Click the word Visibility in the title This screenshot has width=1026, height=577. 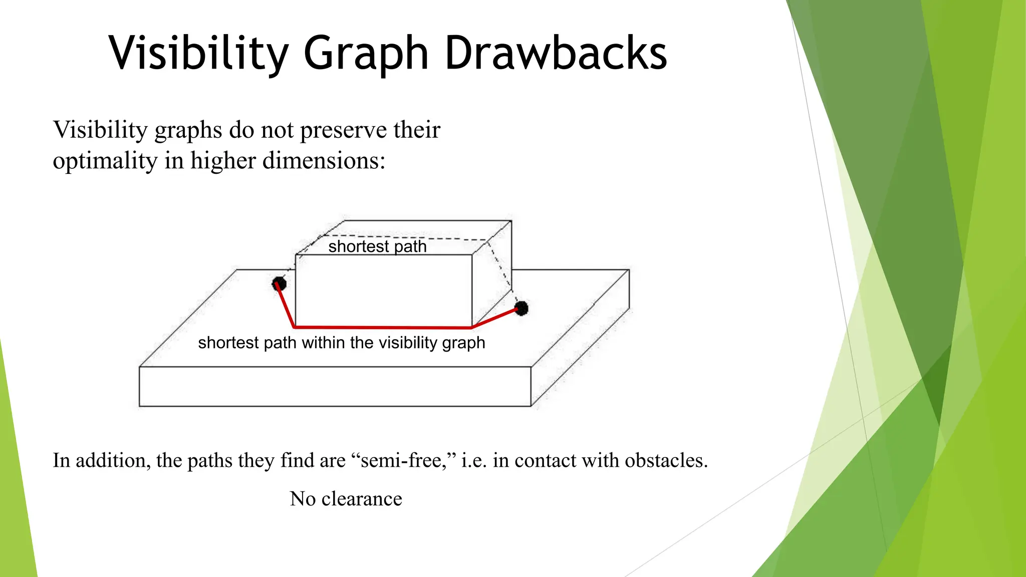click(x=199, y=53)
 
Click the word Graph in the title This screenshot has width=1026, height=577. click(x=366, y=53)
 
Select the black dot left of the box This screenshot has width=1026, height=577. click(x=279, y=284)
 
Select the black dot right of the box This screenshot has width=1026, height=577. click(x=521, y=308)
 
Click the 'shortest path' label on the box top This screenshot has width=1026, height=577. click(x=377, y=246)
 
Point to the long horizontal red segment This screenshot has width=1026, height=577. click(x=383, y=327)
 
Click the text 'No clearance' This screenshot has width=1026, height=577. click(x=346, y=499)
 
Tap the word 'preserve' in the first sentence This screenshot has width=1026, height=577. click(x=343, y=130)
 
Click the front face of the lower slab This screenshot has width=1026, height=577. click(x=335, y=386)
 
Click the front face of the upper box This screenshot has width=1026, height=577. click(x=383, y=291)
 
